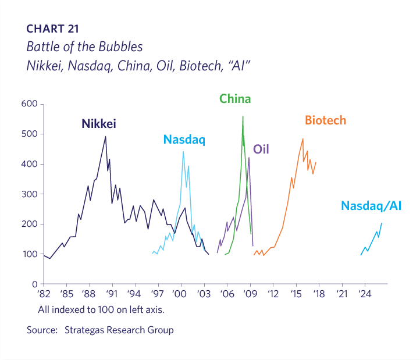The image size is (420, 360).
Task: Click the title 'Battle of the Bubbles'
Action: (84, 46)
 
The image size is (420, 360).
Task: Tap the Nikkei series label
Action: (99, 123)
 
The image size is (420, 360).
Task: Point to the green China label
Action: (235, 99)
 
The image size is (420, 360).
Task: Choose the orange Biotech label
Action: (326, 120)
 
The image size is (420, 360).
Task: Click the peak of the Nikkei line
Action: (105, 137)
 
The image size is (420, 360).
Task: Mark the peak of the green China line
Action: (243, 117)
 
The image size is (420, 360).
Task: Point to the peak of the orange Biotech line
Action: (302, 138)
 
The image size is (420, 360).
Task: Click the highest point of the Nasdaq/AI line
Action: (382, 223)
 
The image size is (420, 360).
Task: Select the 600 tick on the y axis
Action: (30, 104)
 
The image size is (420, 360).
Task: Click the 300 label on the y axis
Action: (30, 194)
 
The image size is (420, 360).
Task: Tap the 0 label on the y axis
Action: (34, 284)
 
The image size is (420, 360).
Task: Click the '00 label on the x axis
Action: (181, 294)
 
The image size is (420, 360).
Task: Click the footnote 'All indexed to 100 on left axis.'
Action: (101, 309)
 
